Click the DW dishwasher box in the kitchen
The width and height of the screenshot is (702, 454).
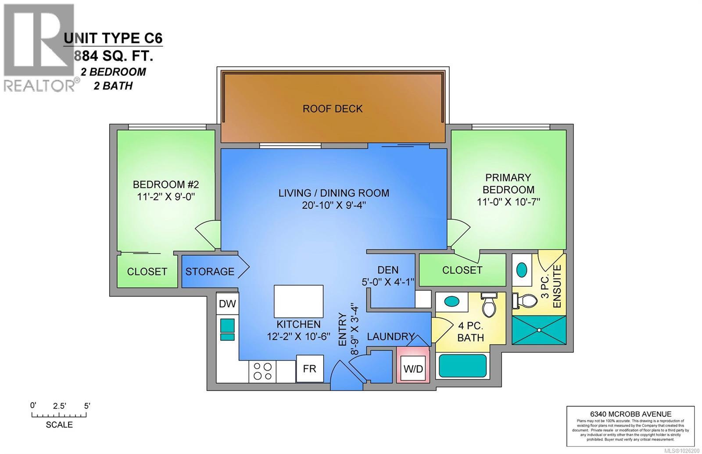(227, 304)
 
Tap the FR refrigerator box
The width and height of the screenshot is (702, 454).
(309, 368)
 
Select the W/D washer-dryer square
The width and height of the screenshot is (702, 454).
(413, 369)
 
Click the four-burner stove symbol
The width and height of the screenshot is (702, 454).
(262, 371)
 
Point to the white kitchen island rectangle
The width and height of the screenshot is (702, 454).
(298, 301)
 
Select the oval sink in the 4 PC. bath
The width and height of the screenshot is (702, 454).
(451, 302)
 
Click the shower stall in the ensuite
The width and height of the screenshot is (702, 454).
(538, 329)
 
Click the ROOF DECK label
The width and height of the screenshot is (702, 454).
(333, 108)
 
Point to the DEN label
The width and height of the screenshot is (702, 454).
(388, 270)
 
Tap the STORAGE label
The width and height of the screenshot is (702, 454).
(209, 272)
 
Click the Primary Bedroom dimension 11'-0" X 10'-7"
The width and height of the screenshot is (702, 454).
(508, 202)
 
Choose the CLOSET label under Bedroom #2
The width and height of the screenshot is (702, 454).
(147, 272)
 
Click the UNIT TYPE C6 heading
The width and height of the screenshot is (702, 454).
(113, 39)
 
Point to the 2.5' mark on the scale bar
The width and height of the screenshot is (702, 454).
(59, 406)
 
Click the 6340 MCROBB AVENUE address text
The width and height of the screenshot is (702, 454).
(630, 414)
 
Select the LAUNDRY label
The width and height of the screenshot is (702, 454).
(390, 336)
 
